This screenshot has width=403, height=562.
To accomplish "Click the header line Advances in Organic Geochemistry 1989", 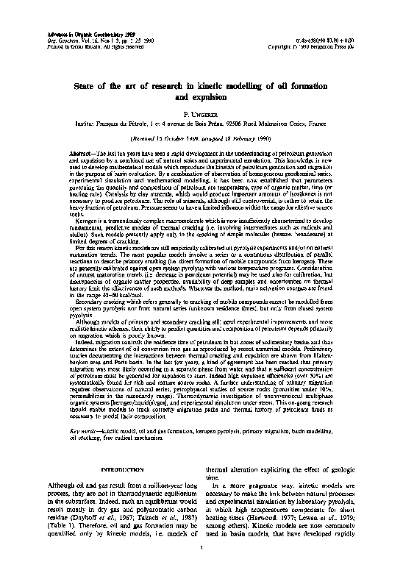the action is (66, 13).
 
